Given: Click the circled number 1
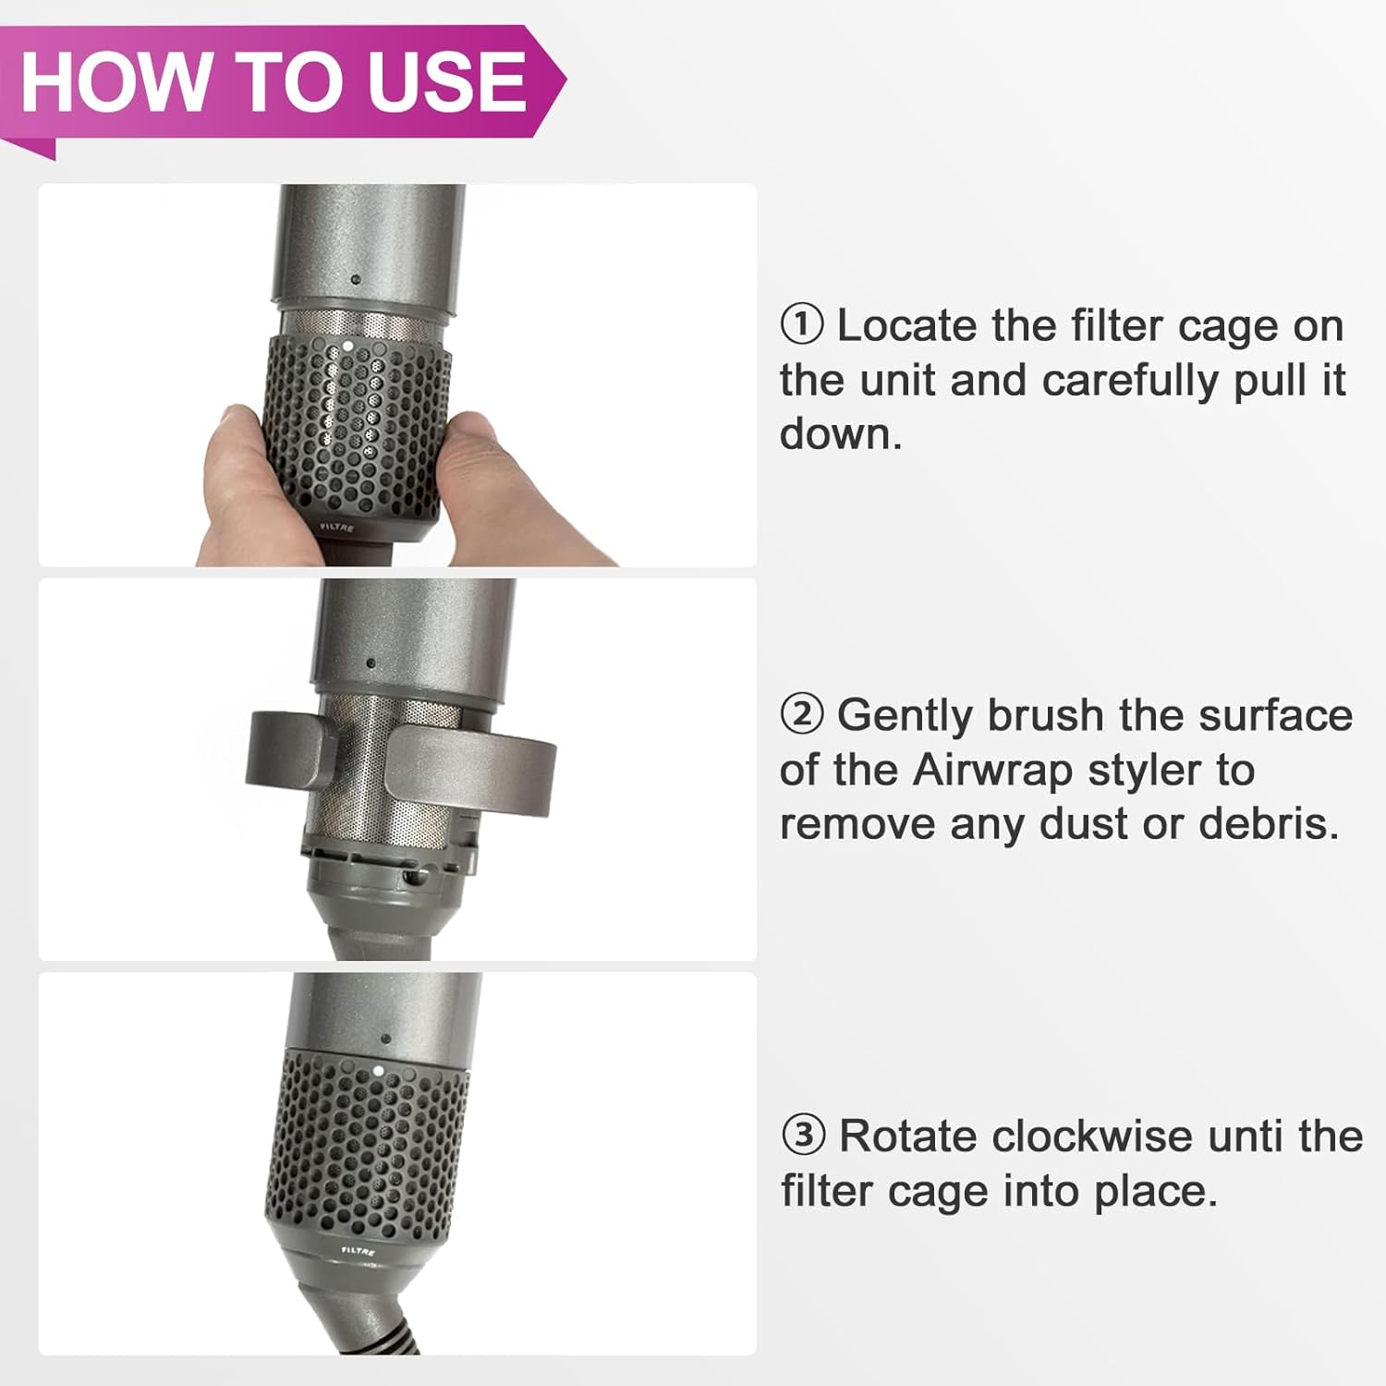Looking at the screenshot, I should pyautogui.click(x=801, y=325).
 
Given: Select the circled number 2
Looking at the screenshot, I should pyautogui.click(x=801, y=714).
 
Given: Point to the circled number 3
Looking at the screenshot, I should pyautogui.click(x=802, y=1136).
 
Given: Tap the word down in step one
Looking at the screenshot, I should pyautogui.click(x=839, y=434).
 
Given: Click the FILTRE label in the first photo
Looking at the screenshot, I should pyautogui.click(x=337, y=528).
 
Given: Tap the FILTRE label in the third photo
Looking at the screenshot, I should pyautogui.click(x=358, y=1251).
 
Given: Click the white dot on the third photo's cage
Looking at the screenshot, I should pyautogui.click(x=378, y=1072).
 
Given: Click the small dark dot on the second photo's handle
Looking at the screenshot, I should pyautogui.click(x=371, y=663).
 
